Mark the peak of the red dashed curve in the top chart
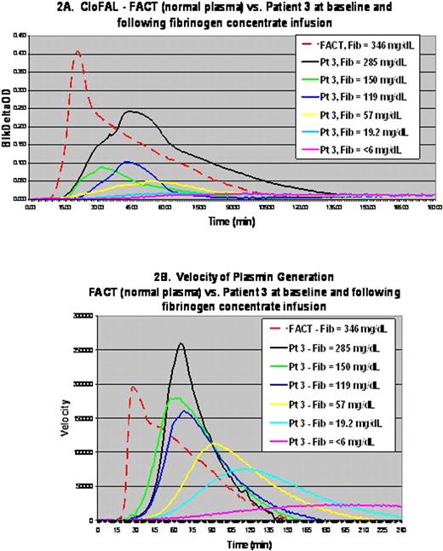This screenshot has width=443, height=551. tap(78, 52)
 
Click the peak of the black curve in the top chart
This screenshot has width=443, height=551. tap(132, 112)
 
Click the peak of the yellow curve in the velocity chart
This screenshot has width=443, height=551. tap(213, 444)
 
